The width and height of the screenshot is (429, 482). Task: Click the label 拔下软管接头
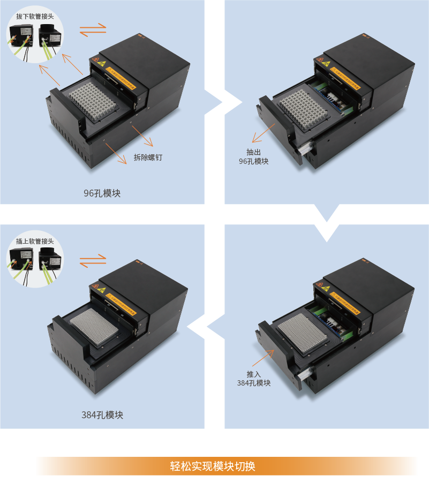pyautogui.click(x=35, y=16)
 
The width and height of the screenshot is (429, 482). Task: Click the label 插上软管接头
pyautogui.click(x=35, y=241)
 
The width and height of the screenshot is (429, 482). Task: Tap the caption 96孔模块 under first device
pyautogui.click(x=102, y=193)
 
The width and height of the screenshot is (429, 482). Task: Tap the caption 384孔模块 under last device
pyautogui.click(x=102, y=415)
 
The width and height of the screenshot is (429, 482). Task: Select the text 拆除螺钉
pyautogui.click(x=148, y=157)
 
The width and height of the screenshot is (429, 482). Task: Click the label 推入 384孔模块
pyautogui.click(x=253, y=379)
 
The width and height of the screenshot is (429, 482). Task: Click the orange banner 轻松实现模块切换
pyautogui.click(x=227, y=466)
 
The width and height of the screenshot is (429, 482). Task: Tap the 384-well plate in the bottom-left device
pyautogui.click(x=95, y=325)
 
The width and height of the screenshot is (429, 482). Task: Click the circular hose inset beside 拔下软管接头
pyautogui.click(x=35, y=39)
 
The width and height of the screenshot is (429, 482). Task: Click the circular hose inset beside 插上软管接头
pyautogui.click(x=35, y=262)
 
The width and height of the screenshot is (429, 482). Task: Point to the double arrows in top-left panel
pyautogui.click(x=93, y=30)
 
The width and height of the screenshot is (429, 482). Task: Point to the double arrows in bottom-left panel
pyautogui.click(x=93, y=261)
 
